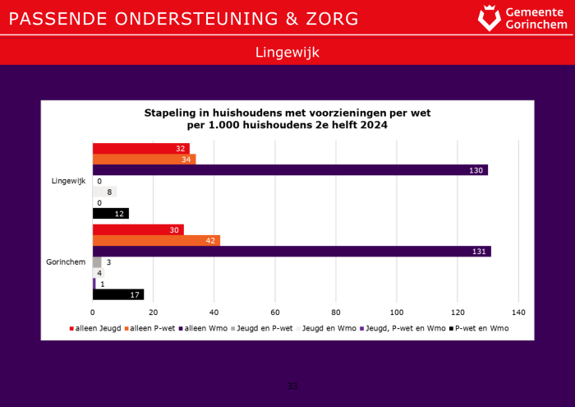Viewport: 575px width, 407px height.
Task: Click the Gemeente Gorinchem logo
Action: point(523,17)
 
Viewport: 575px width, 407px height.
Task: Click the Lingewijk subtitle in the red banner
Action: point(287,52)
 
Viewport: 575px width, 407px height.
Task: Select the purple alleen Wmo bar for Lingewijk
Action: point(290,170)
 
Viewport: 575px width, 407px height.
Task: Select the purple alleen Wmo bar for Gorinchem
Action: point(292,252)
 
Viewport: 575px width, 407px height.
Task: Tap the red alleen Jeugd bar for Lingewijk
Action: point(140,149)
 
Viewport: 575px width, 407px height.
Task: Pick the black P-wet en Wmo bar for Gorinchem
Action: point(118,294)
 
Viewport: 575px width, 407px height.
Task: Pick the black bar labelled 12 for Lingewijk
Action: point(110,214)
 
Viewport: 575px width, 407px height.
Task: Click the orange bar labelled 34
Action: point(144,160)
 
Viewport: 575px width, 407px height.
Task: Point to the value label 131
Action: point(481,252)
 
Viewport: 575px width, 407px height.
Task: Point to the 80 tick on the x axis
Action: point(336,312)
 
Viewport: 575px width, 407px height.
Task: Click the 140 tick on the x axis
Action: point(518,312)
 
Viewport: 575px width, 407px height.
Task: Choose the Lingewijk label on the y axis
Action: point(68,181)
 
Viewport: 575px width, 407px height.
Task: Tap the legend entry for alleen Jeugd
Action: point(94,329)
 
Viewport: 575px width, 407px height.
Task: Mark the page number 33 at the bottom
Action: point(292,386)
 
